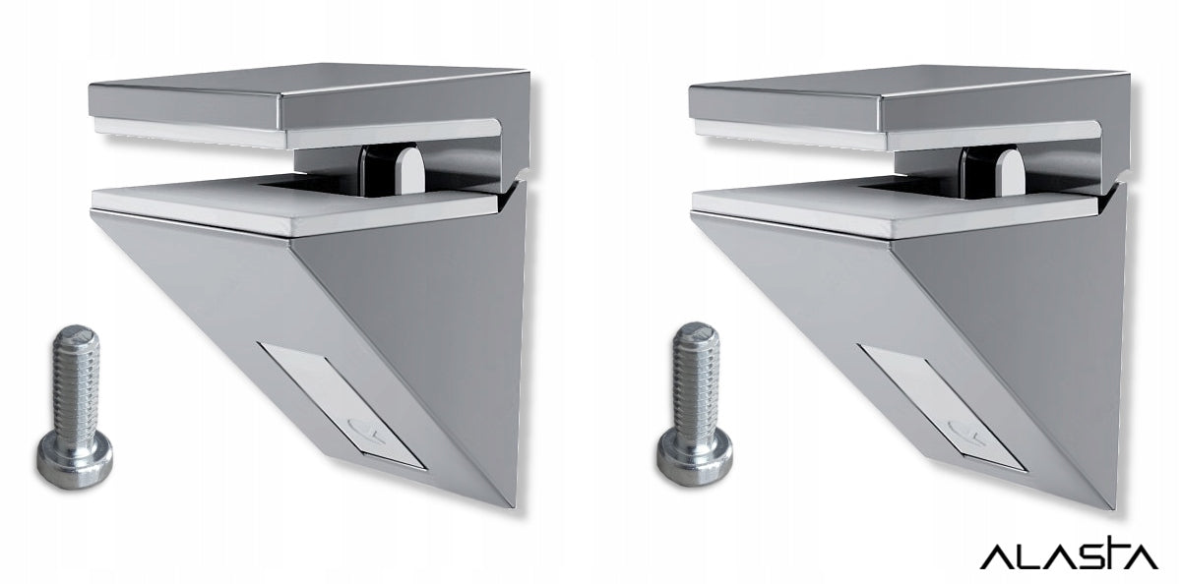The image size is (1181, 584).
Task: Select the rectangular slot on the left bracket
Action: click(342, 404)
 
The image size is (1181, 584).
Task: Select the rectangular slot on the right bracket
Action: click(942, 406)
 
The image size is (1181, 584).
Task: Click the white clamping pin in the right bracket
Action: click(1011, 171)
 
